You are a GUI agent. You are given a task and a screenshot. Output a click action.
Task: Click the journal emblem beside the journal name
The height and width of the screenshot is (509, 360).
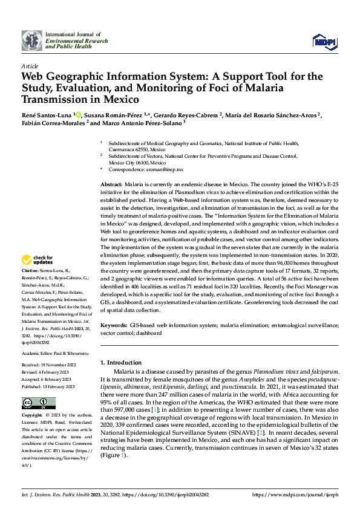(32, 41)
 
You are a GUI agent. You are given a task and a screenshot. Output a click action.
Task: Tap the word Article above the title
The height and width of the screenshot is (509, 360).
(30, 66)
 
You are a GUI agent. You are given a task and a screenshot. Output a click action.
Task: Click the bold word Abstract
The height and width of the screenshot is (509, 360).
(111, 184)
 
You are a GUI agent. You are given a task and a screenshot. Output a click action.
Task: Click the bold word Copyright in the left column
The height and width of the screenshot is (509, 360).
(32, 416)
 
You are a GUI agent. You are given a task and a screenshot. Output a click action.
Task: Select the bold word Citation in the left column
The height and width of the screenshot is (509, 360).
(30, 288)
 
